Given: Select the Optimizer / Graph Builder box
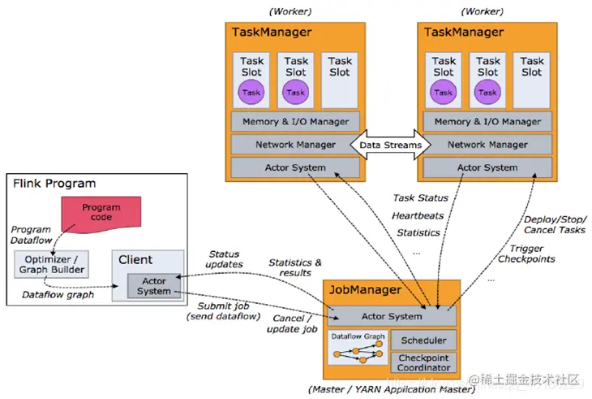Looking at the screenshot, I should pos(50,263).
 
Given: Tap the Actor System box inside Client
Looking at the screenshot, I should pos(153,286).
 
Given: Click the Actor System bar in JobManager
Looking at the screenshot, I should pos(392,316).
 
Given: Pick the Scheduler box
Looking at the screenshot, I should pos(423,340).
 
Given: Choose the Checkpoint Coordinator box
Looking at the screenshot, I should pos(423,362).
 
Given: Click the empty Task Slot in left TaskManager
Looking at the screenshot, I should pos(340,80).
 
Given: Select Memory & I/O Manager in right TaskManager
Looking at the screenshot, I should pos(487,122).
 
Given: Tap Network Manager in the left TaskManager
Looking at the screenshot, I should pos(295,145).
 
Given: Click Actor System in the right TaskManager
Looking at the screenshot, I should pos(487,167).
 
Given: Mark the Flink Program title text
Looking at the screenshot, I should pos(54,184).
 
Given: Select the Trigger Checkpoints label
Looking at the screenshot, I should pos(526,253).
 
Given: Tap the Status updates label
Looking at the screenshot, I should pos(225,260).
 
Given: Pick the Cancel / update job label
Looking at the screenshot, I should pos(290,323).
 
